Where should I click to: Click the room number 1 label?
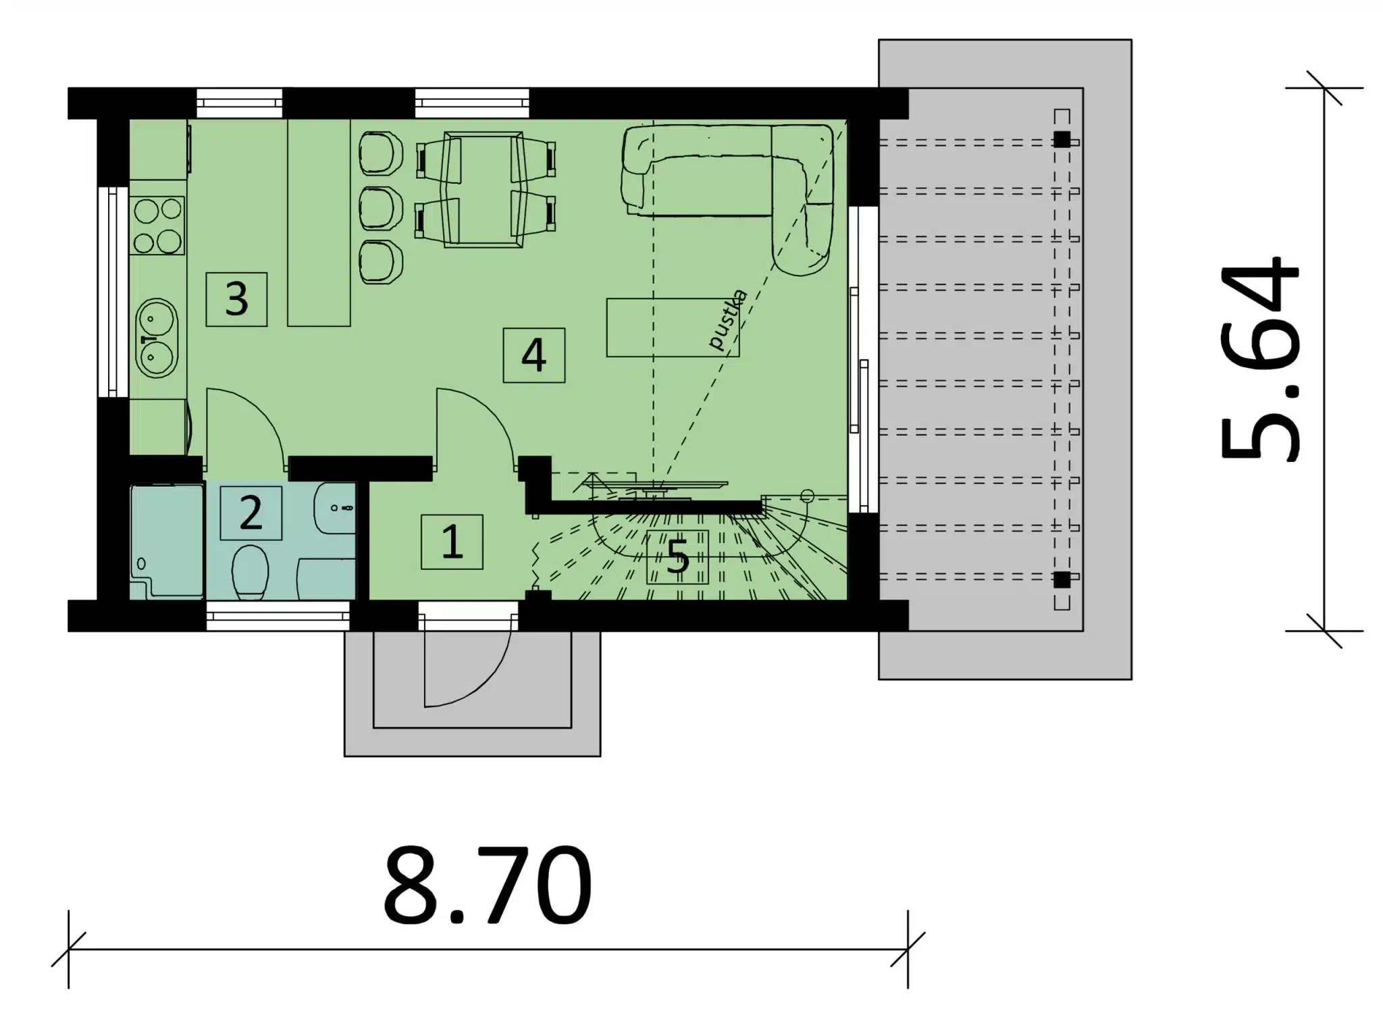click(x=452, y=542)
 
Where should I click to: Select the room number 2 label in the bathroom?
click(x=251, y=513)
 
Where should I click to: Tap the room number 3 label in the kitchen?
click(x=236, y=299)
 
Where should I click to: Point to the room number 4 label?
click(x=533, y=355)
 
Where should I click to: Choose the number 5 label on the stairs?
click(x=677, y=557)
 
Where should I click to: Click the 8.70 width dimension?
click(x=488, y=886)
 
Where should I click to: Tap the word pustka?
click(x=728, y=320)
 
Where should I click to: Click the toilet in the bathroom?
click(x=250, y=572)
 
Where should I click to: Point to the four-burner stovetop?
click(x=158, y=226)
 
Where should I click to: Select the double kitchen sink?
click(x=157, y=338)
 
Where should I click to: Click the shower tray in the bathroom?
click(x=167, y=542)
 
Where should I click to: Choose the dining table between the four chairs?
click(x=484, y=189)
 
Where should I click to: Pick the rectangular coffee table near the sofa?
click(x=673, y=328)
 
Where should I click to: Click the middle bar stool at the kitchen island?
click(x=381, y=207)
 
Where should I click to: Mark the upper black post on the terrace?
click(x=1062, y=140)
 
